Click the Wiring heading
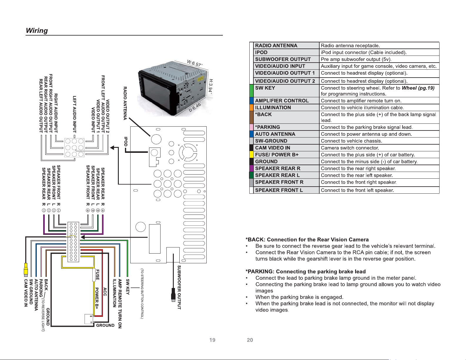37,31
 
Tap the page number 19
212,340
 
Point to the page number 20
250,340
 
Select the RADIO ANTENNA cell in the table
286,46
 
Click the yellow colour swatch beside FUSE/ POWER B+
251,155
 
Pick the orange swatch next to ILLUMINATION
251,107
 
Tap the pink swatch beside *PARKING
251,127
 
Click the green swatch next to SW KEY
251,91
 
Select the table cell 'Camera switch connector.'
379,148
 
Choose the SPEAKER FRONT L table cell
286,190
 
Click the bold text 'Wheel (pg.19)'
418,88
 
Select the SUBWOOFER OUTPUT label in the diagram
179,287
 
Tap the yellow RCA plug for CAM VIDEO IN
26,269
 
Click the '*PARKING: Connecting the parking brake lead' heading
305,272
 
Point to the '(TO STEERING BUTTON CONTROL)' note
142,294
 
